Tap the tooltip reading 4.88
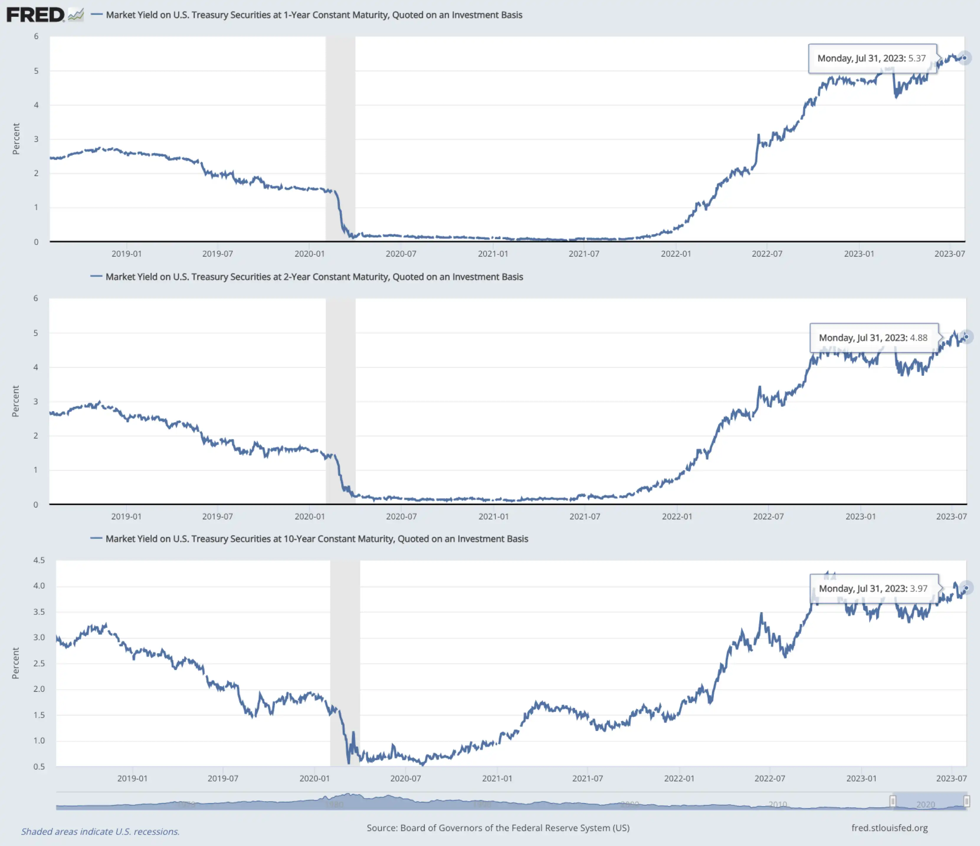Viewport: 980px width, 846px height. pos(873,338)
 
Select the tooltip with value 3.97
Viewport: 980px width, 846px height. pos(873,588)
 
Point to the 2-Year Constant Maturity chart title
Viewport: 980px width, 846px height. pos(314,277)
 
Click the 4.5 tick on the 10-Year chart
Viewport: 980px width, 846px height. pos(39,560)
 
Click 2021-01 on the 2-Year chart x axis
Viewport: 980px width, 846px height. pos(493,517)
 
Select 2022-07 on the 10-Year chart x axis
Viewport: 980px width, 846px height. pos(770,778)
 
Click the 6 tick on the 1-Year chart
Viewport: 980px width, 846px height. pos(36,36)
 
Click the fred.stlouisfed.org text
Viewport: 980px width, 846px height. pos(889,828)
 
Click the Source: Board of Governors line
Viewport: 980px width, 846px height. pos(498,828)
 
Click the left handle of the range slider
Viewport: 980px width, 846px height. pos(892,801)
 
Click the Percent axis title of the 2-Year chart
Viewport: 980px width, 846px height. pos(16,401)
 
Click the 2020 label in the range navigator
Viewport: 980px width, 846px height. pos(925,804)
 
